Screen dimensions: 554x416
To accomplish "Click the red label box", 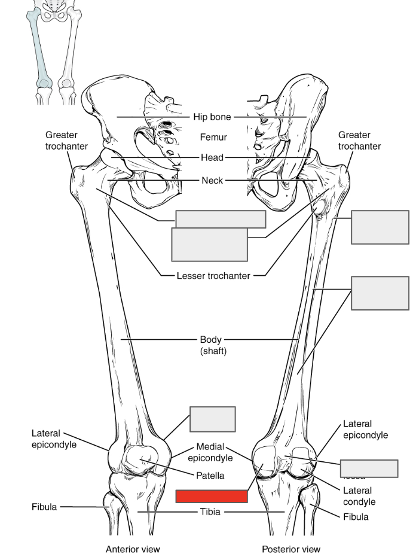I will tap(212, 496).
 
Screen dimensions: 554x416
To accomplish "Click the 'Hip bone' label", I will tap(212, 117).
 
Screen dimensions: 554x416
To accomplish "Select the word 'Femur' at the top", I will tap(213, 138).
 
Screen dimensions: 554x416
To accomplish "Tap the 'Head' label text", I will tap(212, 158).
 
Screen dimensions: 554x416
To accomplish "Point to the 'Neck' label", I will tap(212, 180).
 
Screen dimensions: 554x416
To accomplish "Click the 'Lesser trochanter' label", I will tap(213, 276).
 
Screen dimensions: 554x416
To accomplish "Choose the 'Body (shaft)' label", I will tap(213, 346).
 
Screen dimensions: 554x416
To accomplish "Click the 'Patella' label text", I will tap(210, 476).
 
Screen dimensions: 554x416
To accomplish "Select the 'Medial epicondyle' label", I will tap(210, 452).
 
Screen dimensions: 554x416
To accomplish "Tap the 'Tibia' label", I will tap(212, 512).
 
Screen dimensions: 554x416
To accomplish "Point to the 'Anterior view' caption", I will tap(133, 549).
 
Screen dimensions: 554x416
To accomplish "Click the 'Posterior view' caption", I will tap(291, 549).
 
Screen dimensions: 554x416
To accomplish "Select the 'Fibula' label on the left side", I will tap(44, 507).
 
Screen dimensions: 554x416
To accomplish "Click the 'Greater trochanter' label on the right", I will tap(359, 141).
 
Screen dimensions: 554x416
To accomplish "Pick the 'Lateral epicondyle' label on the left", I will tap(54, 439).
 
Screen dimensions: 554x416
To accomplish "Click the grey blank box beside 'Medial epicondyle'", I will tap(213, 419).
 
